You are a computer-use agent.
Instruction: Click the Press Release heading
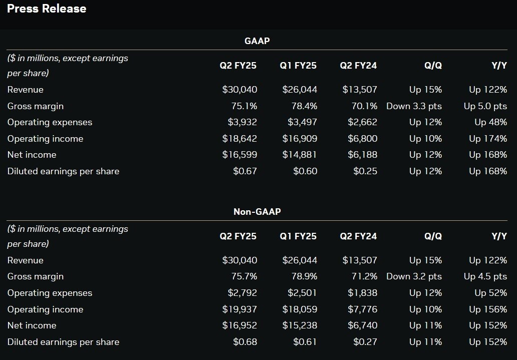point(47,9)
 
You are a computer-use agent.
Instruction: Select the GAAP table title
point(257,41)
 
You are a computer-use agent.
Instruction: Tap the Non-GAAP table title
point(257,211)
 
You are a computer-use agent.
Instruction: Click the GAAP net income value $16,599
point(239,155)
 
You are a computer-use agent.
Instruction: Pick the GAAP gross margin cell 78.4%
point(304,106)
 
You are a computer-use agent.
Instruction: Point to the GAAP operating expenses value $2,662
point(362,122)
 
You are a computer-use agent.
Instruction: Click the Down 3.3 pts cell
point(414,106)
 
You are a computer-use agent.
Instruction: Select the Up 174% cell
point(488,139)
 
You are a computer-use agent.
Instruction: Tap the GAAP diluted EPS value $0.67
point(245,171)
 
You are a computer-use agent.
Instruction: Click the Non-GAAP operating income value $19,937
point(239,309)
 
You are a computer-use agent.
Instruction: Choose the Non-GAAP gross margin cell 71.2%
point(364,276)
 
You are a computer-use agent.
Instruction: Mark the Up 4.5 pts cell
point(485,276)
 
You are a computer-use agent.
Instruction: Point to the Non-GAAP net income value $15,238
point(300,325)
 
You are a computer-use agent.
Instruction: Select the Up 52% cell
point(491,293)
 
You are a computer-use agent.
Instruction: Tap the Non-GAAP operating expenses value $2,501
point(302,293)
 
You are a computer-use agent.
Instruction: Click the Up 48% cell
point(491,122)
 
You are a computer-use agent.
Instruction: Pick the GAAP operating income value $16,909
point(300,139)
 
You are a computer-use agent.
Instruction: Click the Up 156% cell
point(488,309)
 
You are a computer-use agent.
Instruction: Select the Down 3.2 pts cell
point(414,276)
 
